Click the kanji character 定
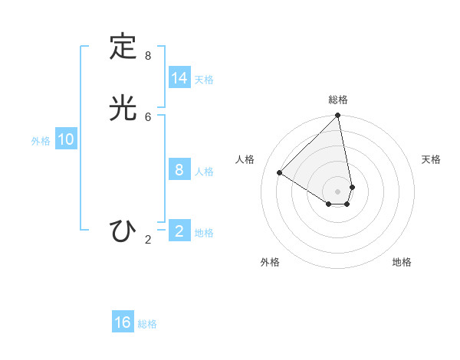coord(122,47)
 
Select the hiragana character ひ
coord(122,231)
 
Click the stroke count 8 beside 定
coord(148,56)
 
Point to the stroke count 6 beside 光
coord(148,116)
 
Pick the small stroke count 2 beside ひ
coord(148,240)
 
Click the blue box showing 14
coord(179,78)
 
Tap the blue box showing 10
coord(66,139)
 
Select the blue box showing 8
coord(179,170)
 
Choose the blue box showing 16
coord(123,322)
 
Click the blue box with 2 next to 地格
coord(179,231)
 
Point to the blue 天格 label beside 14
coord(204,80)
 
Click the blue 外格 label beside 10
coord(41,141)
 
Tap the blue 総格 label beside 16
coord(147,324)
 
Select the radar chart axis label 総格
coord(338,100)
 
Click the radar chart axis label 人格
coord(245,159)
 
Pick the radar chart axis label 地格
coord(402,262)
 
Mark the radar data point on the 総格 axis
coord(338,116)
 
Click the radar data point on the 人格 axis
coord(280,173)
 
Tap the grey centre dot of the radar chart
coord(338,191)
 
